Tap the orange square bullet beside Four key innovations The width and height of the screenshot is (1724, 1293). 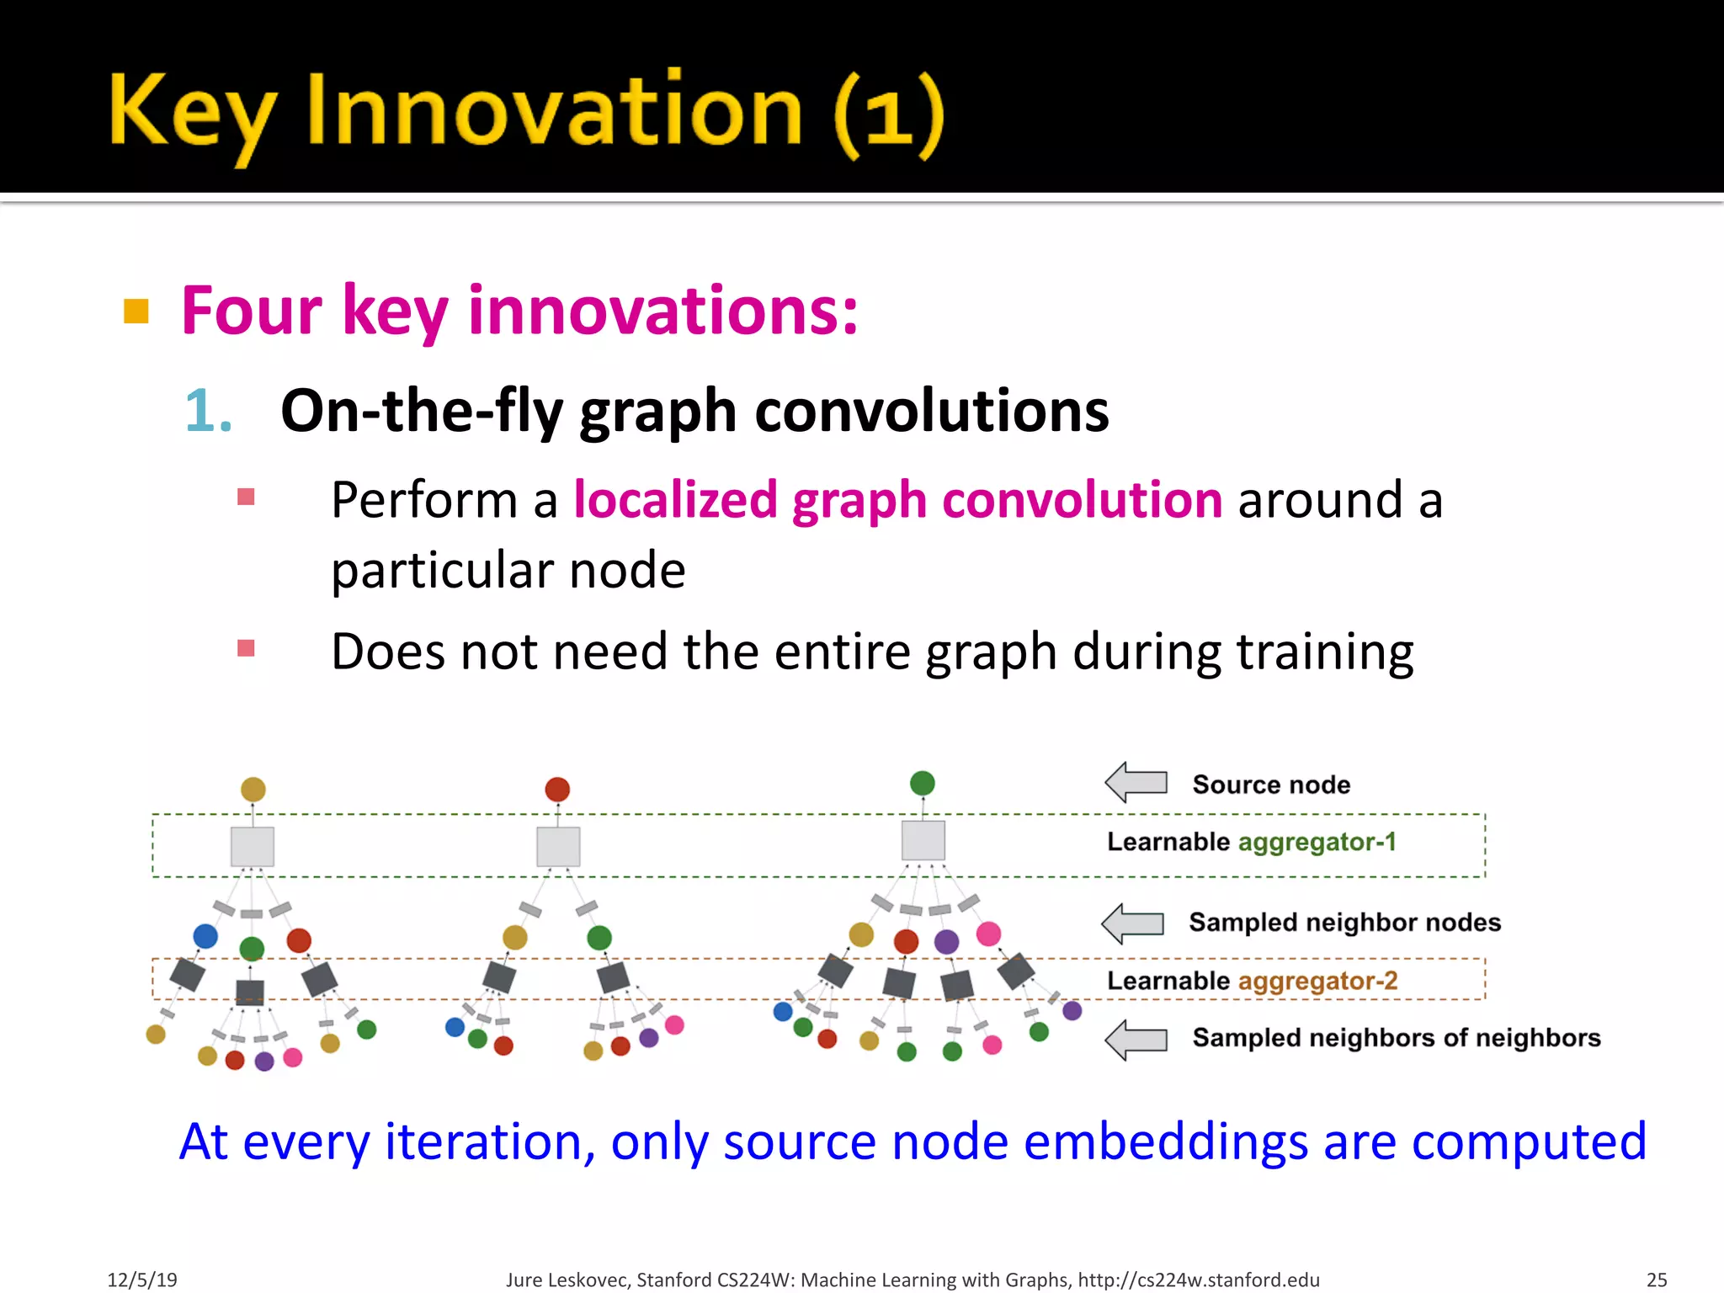[136, 311]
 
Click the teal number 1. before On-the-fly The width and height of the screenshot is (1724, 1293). [208, 412]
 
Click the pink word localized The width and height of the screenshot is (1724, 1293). [674, 500]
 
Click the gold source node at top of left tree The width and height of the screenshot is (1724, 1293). [253, 790]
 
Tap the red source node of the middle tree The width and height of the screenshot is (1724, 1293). [557, 790]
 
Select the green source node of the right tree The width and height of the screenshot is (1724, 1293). [923, 783]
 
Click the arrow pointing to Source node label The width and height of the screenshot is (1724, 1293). [1136, 783]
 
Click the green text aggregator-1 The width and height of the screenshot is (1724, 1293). [1317, 842]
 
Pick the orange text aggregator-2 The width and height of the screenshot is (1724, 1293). [1317, 981]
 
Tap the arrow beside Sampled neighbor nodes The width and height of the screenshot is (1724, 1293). [1133, 923]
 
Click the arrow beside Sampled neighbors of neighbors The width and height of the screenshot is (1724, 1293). [1136, 1040]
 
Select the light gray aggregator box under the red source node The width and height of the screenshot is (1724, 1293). [558, 846]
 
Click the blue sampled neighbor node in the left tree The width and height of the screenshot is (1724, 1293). [205, 936]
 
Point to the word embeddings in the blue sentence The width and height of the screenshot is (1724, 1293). [1165, 1142]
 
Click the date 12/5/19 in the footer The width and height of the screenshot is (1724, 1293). [142, 1280]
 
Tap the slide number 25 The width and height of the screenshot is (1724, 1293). [1656, 1280]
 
